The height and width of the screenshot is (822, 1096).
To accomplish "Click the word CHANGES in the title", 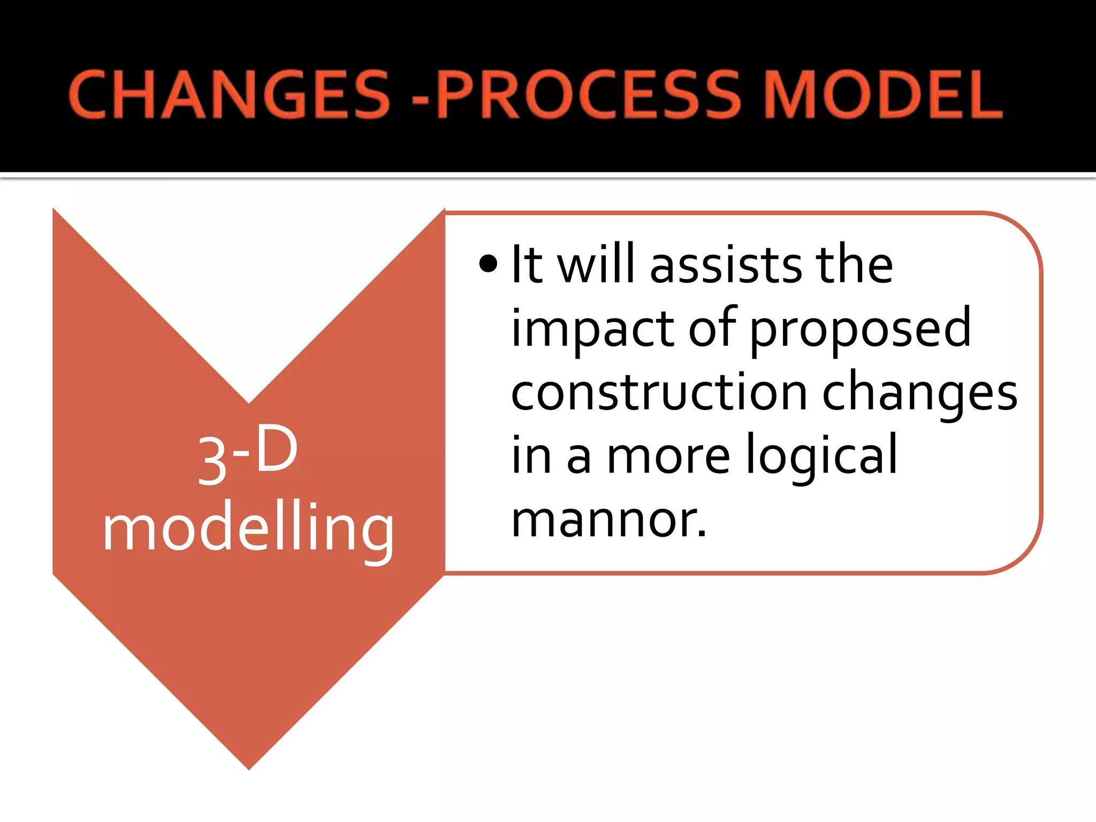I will (x=229, y=95).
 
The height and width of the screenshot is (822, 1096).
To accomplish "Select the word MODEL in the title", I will (x=883, y=95).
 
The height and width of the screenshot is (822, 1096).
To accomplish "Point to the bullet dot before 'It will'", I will (x=488, y=264).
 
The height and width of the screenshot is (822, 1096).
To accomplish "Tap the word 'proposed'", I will (x=860, y=330).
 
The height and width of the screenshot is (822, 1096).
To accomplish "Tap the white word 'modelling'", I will (x=248, y=530).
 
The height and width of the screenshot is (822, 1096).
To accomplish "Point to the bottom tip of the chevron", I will (x=249, y=767).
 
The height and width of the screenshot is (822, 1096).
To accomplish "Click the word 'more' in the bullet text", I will (x=668, y=456).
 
